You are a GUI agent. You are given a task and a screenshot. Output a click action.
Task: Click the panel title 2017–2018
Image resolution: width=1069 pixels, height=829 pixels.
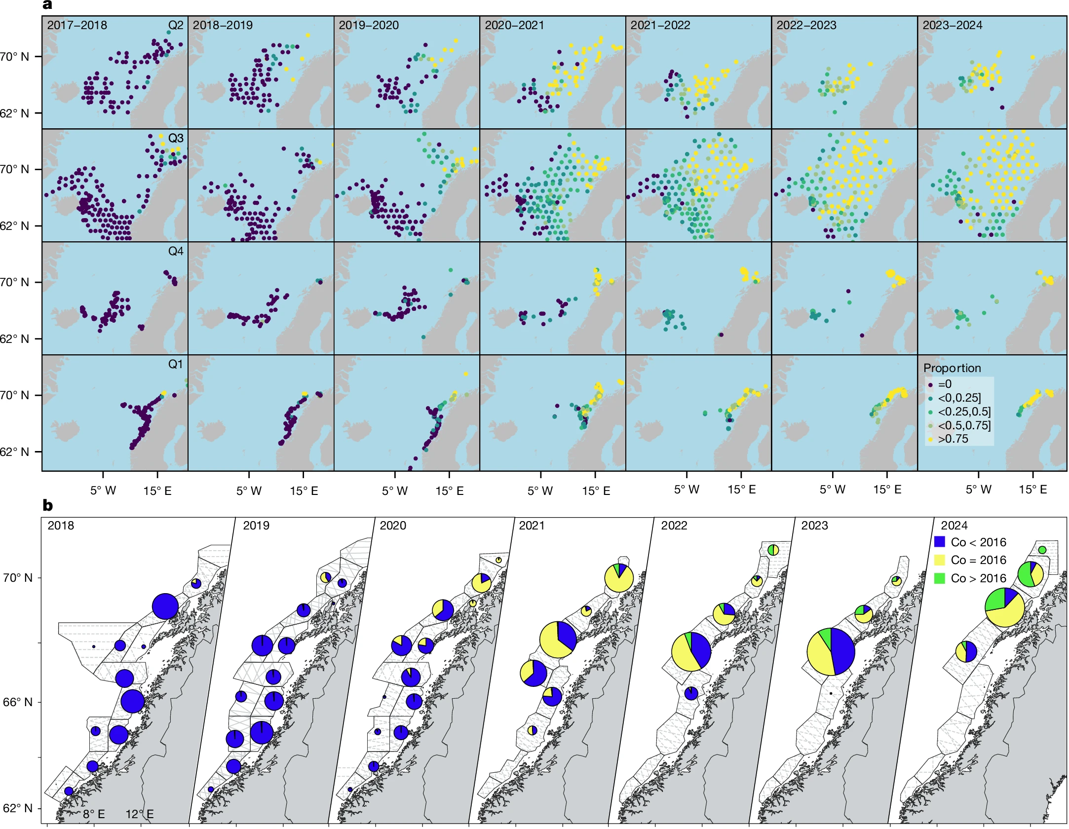tap(76, 25)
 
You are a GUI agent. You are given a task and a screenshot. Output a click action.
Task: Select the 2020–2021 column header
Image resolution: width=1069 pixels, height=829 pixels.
tap(514, 25)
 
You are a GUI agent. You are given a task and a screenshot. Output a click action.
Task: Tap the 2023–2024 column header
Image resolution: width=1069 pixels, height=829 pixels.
tap(952, 25)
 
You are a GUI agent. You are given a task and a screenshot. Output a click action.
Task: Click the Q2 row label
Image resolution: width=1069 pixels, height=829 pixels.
tap(176, 25)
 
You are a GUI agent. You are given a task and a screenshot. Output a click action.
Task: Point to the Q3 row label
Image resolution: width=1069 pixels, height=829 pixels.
tap(176, 138)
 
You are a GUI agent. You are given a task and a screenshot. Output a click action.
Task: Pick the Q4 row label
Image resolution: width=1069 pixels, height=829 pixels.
tap(176, 251)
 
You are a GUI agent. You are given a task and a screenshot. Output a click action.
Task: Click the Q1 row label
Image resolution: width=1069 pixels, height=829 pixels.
tap(176, 364)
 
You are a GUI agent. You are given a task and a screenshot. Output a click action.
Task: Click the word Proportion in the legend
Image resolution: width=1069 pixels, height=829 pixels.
tap(952, 368)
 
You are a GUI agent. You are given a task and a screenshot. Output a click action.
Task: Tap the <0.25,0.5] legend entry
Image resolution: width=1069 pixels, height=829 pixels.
tap(964, 412)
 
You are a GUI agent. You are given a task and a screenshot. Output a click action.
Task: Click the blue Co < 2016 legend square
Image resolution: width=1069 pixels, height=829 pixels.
tap(940, 542)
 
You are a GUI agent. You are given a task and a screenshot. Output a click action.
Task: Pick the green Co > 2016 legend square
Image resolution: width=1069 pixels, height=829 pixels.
tap(940, 578)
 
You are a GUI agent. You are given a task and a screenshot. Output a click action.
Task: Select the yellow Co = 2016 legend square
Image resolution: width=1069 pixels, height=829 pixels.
tap(940, 560)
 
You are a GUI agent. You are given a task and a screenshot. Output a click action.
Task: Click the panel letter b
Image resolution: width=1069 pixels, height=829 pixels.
tap(47, 505)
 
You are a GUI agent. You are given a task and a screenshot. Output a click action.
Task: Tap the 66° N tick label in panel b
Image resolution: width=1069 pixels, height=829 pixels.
tap(18, 702)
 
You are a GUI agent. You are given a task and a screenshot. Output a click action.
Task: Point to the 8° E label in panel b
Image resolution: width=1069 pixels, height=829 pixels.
tap(93, 814)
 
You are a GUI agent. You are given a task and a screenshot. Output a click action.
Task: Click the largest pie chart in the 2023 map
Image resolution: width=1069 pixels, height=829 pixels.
tap(831, 651)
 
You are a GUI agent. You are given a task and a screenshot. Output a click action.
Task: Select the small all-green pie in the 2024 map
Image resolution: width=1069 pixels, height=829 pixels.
tap(1042, 550)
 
